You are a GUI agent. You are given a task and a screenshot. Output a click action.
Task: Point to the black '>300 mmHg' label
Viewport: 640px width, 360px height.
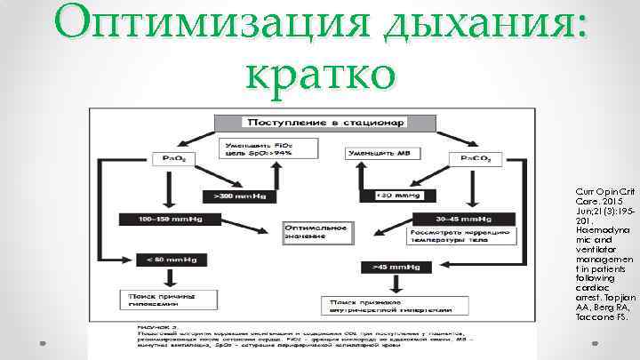tap(235, 195)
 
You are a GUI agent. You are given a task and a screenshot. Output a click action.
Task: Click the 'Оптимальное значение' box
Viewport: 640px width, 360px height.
tap(316, 230)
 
